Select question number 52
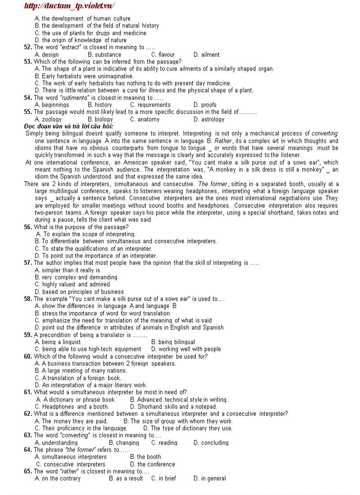click(x=28, y=47)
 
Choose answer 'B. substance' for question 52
click(x=104, y=55)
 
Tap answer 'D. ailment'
click(x=206, y=55)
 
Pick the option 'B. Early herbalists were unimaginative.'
click(x=84, y=76)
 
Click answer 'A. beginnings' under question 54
click(x=52, y=105)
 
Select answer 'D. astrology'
click(x=209, y=119)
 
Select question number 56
click(x=28, y=227)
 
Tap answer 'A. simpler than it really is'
click(x=67, y=270)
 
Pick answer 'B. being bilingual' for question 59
click(x=173, y=342)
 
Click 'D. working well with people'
click(x=186, y=349)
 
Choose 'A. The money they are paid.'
click(x=71, y=421)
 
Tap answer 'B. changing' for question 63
click(x=124, y=443)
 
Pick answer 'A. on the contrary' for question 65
click(x=57, y=479)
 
